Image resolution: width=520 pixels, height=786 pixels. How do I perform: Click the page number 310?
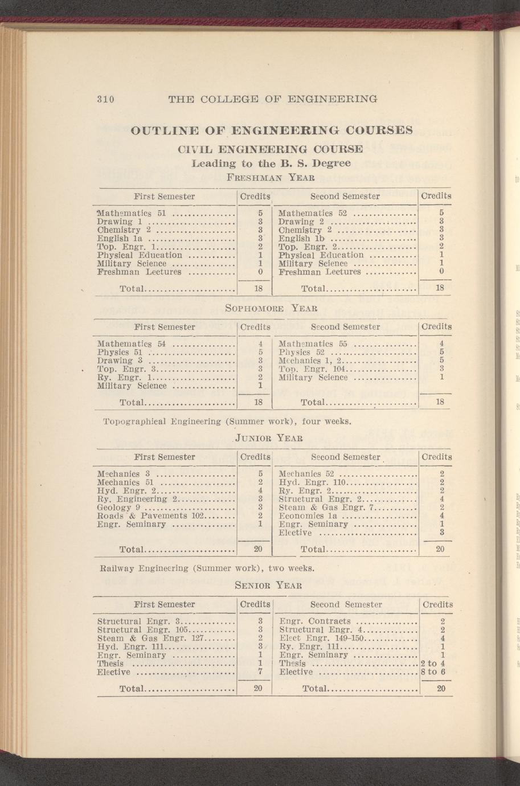(x=105, y=99)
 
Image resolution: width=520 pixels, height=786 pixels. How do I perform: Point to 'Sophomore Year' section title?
(x=271, y=309)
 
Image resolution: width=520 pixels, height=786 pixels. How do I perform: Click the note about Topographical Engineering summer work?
(x=226, y=422)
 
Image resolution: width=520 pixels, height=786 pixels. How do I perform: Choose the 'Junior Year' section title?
(x=268, y=438)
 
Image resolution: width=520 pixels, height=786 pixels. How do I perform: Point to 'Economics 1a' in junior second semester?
(x=308, y=516)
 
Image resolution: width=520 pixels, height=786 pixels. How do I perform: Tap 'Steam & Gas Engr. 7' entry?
(x=325, y=507)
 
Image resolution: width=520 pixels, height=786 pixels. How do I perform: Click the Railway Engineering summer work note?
(x=206, y=568)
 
